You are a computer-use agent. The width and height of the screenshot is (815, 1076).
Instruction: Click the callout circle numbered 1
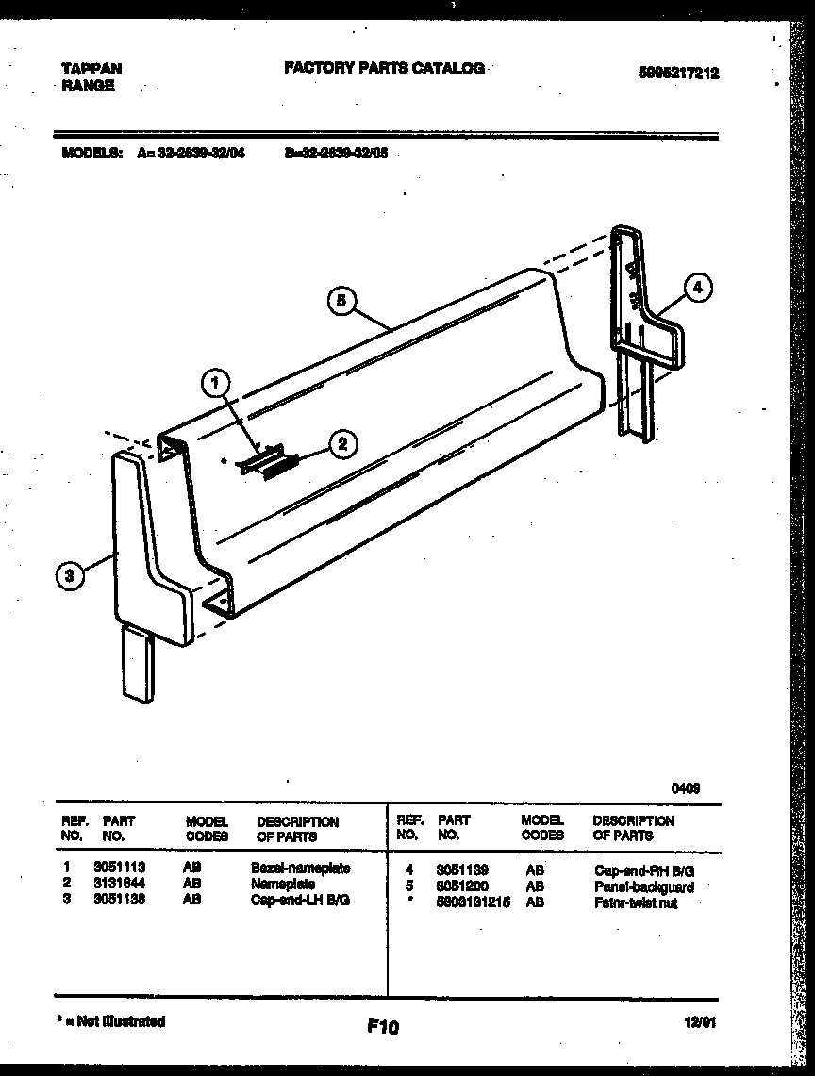point(216,382)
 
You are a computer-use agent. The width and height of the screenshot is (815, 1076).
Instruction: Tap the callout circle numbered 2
point(343,443)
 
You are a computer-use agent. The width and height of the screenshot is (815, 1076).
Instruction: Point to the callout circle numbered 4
point(696,288)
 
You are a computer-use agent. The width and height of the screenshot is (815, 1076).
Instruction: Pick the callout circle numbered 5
point(343,301)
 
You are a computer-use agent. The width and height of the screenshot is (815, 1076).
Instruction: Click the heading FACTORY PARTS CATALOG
point(384,68)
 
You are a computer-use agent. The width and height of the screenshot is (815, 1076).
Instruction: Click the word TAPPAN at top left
point(91,69)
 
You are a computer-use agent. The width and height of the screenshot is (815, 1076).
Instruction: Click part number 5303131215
point(473,902)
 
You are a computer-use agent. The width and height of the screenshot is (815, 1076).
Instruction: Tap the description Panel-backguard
point(644,887)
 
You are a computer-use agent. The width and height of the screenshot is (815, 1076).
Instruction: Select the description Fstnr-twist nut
point(636,903)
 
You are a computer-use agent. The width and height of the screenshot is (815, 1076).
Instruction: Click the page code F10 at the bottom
point(382,1027)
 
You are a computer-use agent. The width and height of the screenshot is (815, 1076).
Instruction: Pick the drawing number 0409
point(686,786)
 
